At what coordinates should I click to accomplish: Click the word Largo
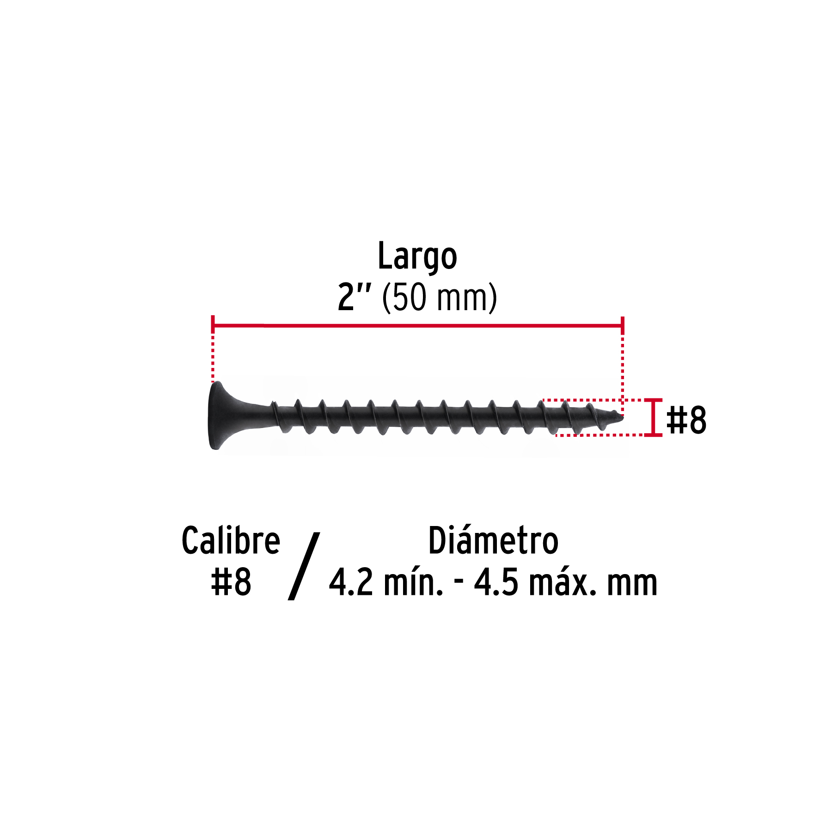pos(417,257)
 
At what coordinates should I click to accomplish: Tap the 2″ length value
pos(354,297)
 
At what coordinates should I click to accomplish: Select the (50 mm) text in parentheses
pos(440,298)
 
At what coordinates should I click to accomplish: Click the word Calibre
pos(231,540)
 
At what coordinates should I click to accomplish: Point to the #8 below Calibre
pos(231,582)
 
